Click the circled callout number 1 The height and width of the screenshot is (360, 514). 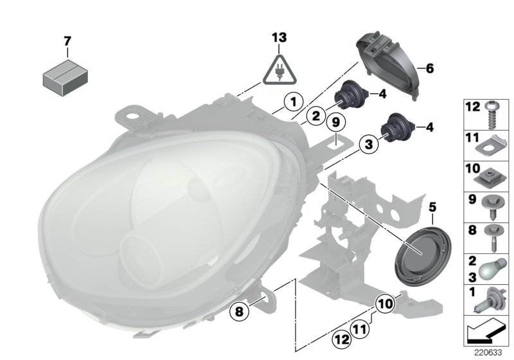tap(292, 101)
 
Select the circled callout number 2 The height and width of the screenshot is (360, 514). tap(314, 116)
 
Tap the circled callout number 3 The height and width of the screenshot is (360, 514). tap(368, 146)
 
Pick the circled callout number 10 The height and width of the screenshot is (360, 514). tap(384, 302)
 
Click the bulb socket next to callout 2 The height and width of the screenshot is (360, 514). tap(351, 97)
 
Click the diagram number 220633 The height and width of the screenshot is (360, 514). tap(490, 353)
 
